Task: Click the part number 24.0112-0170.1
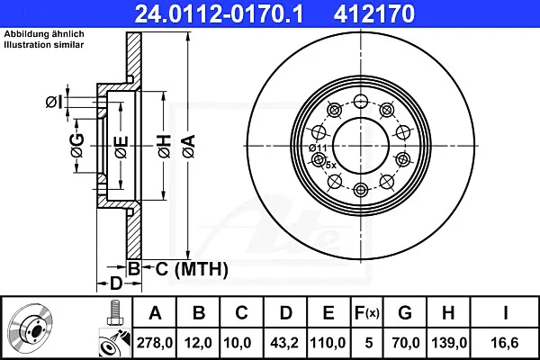(219, 13)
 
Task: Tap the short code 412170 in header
(373, 13)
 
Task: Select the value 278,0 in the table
(155, 343)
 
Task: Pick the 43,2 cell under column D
(284, 343)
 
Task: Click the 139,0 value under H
(449, 343)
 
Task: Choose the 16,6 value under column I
(506, 343)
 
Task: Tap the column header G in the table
(405, 313)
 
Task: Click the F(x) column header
(367, 313)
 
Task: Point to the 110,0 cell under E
(328, 343)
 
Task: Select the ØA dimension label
(189, 146)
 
